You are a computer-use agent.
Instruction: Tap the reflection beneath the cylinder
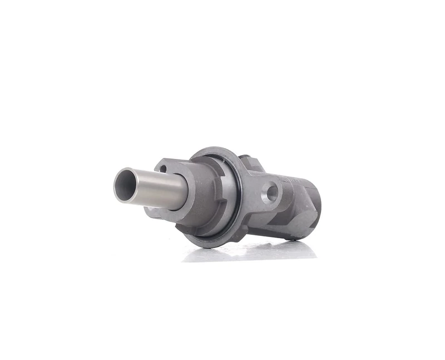click(x=250, y=253)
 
